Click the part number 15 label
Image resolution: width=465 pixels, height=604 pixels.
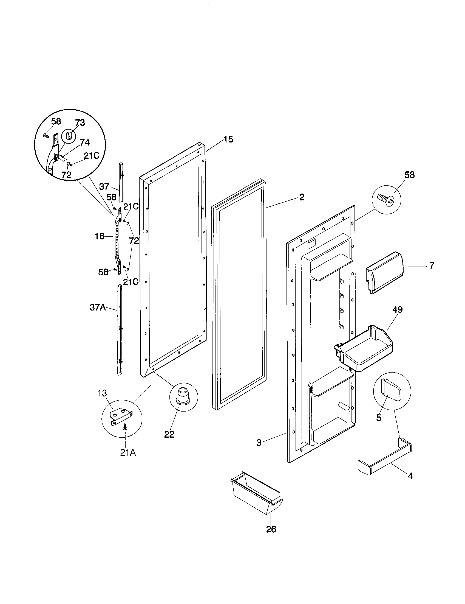pyautogui.click(x=228, y=139)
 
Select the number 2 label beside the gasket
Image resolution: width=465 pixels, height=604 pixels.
pyautogui.click(x=302, y=197)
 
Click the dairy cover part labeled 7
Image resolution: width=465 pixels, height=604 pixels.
pyautogui.click(x=385, y=273)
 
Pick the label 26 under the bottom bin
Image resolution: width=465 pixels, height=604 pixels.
pyautogui.click(x=271, y=529)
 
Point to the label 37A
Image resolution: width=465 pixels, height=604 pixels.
pyautogui.click(x=98, y=307)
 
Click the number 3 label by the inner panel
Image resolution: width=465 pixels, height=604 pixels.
pyautogui.click(x=259, y=443)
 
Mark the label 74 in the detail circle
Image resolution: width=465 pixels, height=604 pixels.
pyautogui.click(x=84, y=142)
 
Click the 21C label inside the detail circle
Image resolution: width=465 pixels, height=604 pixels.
pyautogui.click(x=91, y=156)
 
